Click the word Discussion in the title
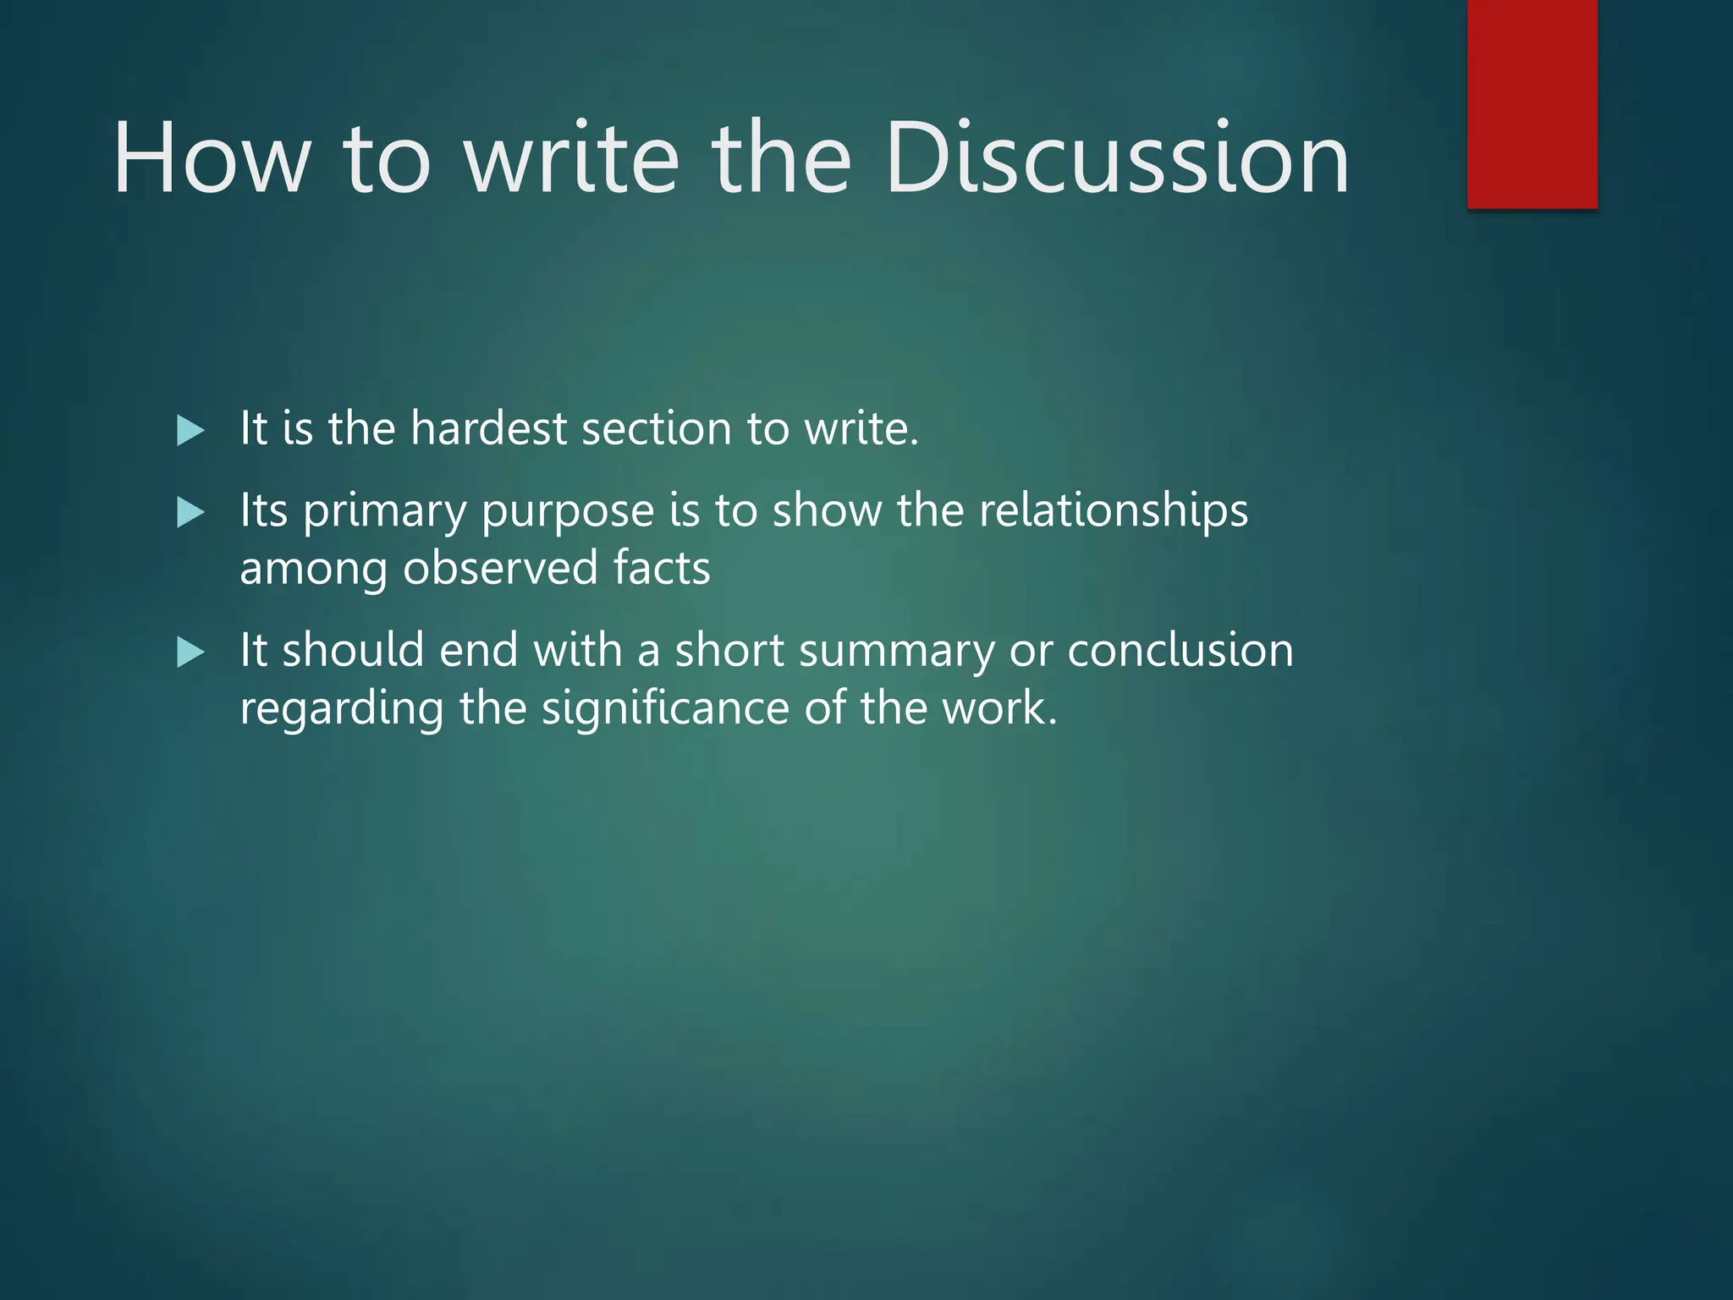1117,158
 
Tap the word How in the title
212,158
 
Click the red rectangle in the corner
1532,103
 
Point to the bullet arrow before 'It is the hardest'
190,431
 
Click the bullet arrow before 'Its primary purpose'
190,513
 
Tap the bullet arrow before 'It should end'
190,653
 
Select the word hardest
488,428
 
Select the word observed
500,568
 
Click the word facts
662,568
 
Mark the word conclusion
1180,651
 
